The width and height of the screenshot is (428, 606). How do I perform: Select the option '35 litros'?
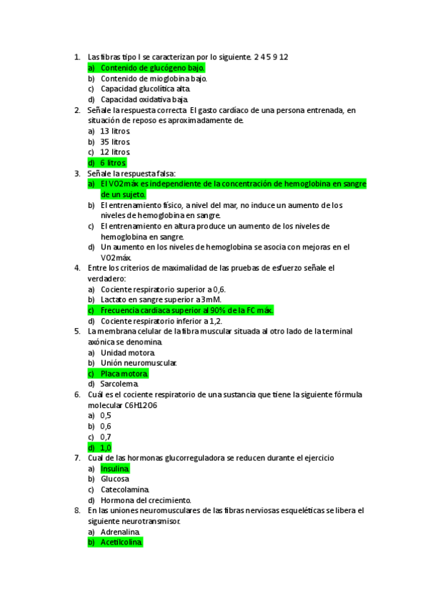coord(115,141)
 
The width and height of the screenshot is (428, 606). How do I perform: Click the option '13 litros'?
coord(115,131)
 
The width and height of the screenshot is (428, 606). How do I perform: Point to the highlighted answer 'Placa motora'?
coord(124,374)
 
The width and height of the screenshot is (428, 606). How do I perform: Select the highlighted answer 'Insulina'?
coord(115,469)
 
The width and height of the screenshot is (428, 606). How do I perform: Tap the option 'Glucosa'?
coord(115,479)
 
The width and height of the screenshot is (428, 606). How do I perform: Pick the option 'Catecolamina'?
coord(125,490)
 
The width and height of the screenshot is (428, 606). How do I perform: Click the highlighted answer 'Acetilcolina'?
coord(121,542)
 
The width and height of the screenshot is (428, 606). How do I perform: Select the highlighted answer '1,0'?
coord(106,447)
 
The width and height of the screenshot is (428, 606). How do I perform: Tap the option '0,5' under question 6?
coord(106,415)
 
